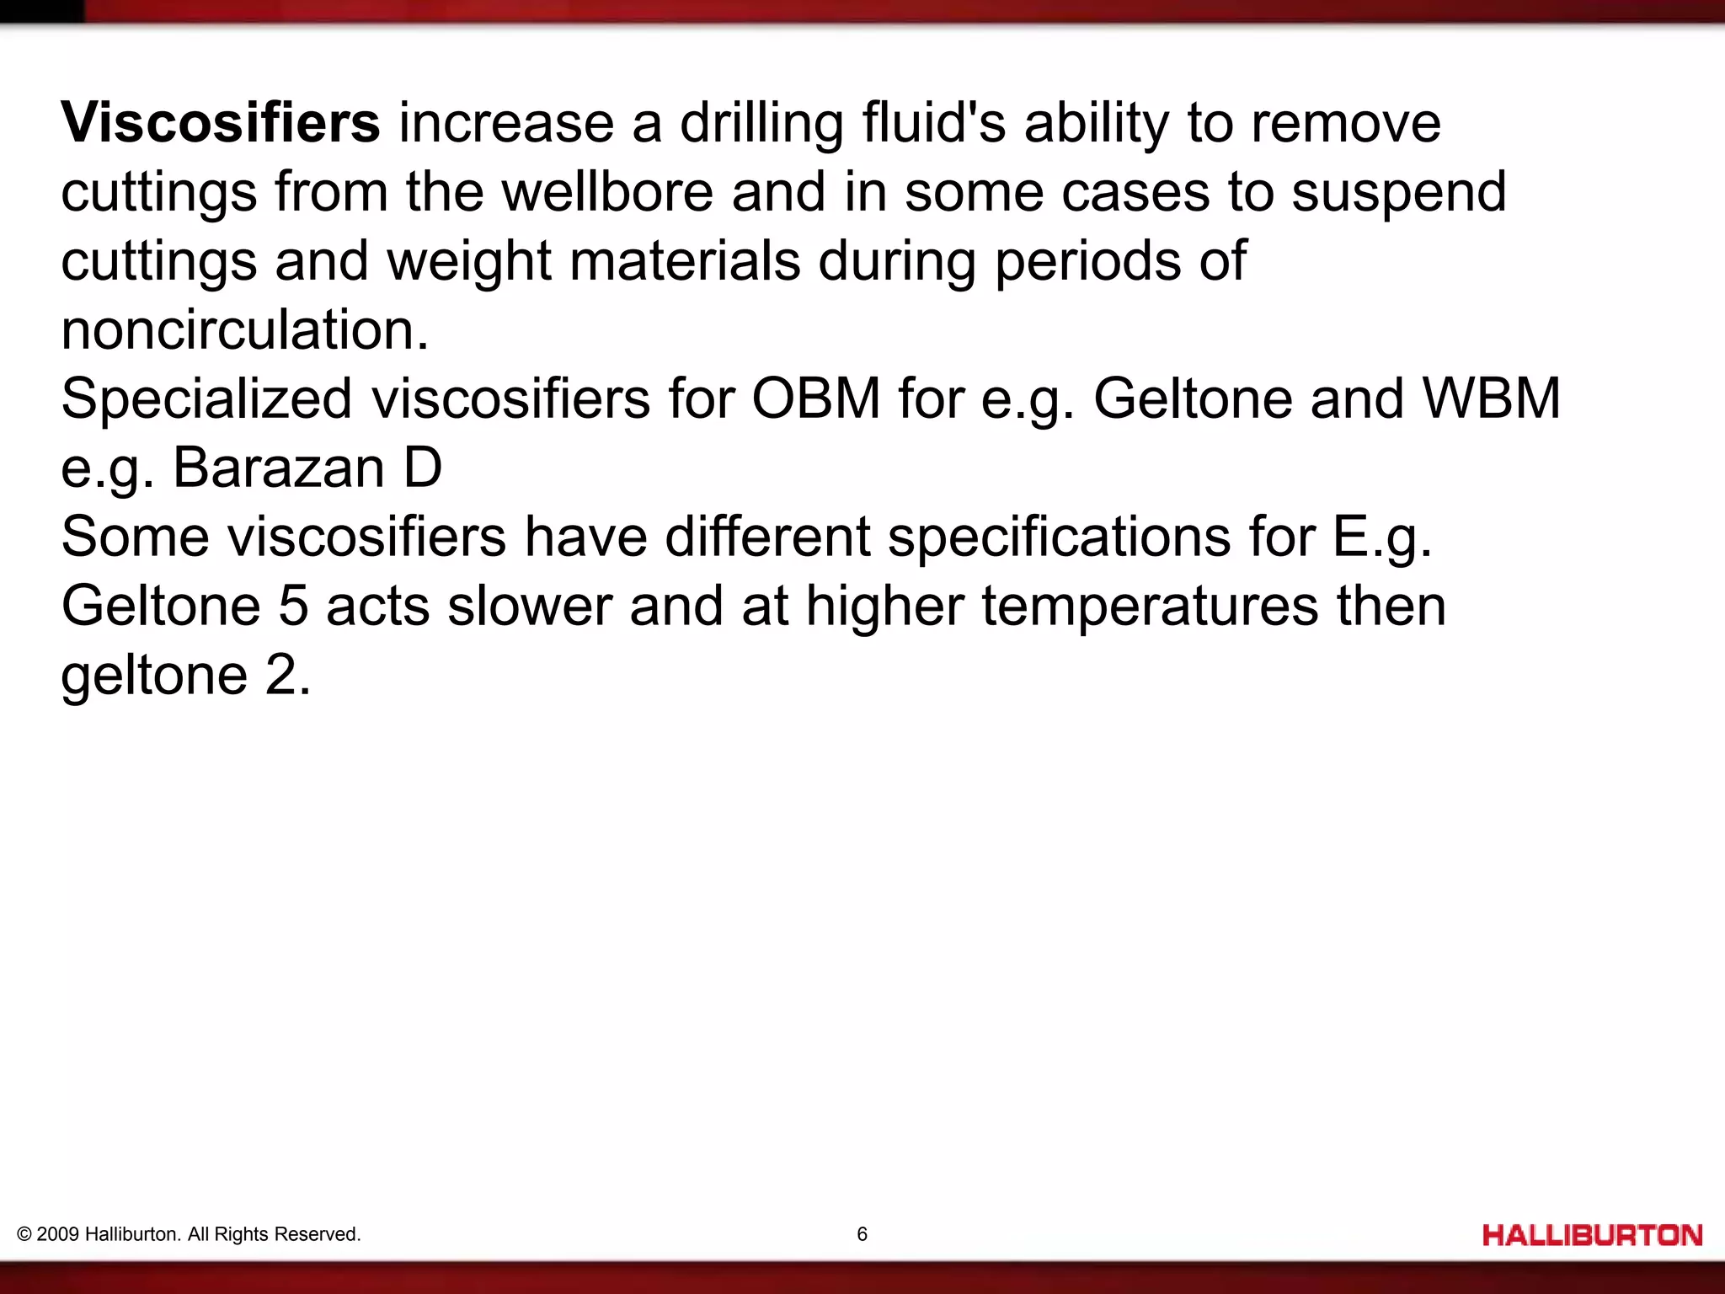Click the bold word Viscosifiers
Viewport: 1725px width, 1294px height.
pos(221,123)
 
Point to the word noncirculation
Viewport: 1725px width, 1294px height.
pos(245,330)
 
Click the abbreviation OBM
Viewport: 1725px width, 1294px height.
pos(815,398)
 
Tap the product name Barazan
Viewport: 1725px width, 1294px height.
pos(279,468)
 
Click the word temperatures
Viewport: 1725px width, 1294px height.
pos(1150,607)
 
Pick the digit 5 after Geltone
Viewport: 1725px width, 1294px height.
pos(293,606)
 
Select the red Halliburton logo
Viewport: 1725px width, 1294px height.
pos(1593,1236)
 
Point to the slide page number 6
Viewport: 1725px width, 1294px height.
pos(862,1234)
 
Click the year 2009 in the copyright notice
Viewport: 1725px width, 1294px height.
pos(58,1234)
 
